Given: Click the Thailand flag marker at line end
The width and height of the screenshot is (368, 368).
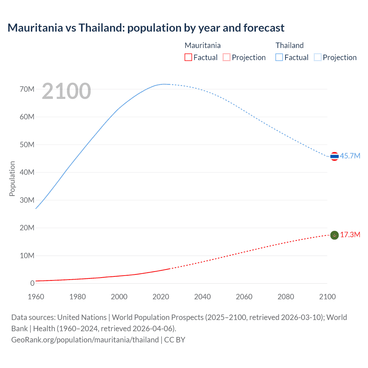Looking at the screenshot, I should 334,156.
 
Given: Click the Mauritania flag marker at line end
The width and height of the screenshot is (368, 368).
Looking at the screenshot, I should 334,235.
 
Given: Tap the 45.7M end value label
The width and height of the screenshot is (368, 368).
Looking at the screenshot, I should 350,156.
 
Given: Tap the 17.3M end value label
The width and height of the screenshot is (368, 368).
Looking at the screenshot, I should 350,235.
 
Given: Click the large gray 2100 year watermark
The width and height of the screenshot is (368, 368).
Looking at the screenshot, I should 66,91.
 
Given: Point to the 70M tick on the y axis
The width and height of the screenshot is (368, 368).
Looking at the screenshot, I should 27,89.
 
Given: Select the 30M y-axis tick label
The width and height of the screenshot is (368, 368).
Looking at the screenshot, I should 27,200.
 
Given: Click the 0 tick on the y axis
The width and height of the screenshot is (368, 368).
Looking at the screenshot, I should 32,283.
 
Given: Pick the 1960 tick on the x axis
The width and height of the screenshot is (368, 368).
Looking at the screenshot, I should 36,297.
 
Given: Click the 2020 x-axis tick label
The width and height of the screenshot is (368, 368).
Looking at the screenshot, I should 161,297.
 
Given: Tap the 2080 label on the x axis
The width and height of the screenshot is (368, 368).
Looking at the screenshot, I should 286,297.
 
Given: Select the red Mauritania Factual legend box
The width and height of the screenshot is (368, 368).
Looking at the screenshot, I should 188,57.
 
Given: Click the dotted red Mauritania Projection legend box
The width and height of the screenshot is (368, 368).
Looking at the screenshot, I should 227,57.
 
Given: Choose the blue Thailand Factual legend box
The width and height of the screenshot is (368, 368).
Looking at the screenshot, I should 279,57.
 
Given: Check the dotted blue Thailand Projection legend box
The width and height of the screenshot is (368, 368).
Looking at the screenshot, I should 317,57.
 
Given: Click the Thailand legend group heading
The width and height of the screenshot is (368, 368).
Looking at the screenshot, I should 290,45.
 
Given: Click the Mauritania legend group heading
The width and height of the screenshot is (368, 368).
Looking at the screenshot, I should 202,45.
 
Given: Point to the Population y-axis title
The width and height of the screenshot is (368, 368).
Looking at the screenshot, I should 12,179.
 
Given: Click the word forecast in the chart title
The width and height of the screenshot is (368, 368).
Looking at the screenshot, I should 264,28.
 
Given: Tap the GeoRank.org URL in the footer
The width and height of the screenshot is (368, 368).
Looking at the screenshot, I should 85,340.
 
